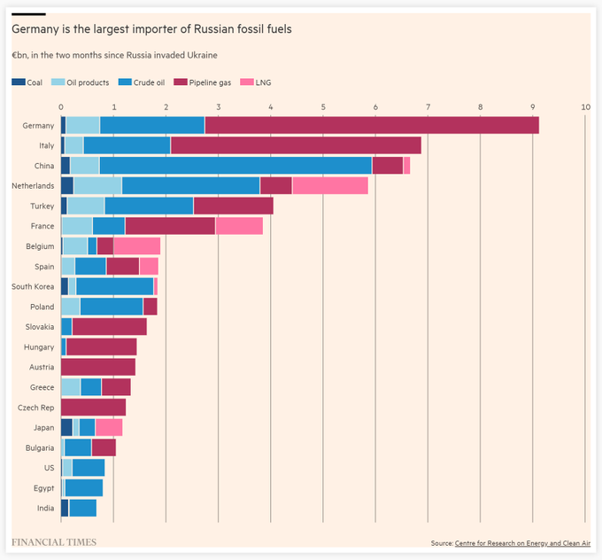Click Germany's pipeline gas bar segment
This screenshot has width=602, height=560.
pyautogui.click(x=372, y=125)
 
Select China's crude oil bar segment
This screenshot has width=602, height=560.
pyautogui.click(x=235, y=166)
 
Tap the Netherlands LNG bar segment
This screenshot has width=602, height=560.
pyautogui.click(x=329, y=185)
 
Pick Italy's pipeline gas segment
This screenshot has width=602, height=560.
pyautogui.click(x=296, y=145)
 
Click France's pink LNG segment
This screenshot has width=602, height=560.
pyautogui.click(x=239, y=226)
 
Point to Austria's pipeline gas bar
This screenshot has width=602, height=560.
pyautogui.click(x=98, y=367)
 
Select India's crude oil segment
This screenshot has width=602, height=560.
pyautogui.click(x=83, y=508)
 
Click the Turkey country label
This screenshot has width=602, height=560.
pyautogui.click(x=42, y=206)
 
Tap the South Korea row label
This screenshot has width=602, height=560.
pyautogui.click(x=34, y=286)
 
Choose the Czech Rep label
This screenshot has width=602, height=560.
pyautogui.click(x=36, y=408)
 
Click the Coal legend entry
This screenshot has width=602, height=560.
pyautogui.click(x=28, y=83)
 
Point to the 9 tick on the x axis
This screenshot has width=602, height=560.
pyautogui.click(x=533, y=106)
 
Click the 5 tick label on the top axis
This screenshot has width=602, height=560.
pyautogui.click(x=323, y=106)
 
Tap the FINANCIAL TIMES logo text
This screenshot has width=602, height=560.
pyautogui.click(x=53, y=541)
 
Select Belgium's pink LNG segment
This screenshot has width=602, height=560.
pyautogui.click(x=136, y=246)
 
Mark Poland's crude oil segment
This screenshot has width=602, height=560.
pyautogui.click(x=112, y=307)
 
